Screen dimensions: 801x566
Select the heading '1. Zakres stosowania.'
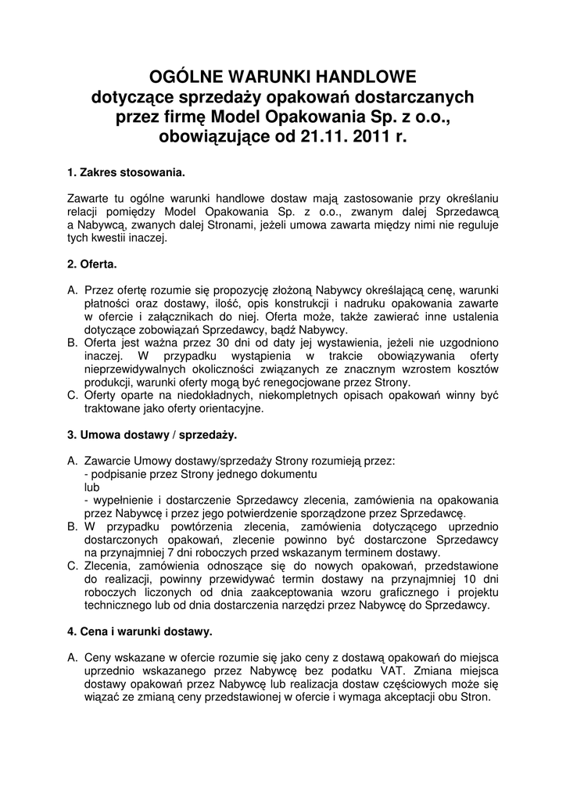pos(127,172)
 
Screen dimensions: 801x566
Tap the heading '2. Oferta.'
pos(92,264)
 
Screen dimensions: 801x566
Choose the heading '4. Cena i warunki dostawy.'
pos(140,630)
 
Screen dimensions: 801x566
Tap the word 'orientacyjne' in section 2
pos(226,409)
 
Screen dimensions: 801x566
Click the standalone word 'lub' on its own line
pos(91,486)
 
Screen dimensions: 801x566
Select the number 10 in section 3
pos(468,578)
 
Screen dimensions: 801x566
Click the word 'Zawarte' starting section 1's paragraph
pos(88,199)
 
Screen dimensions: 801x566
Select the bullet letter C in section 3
pos(73,565)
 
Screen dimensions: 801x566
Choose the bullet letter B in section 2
pos(72,343)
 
